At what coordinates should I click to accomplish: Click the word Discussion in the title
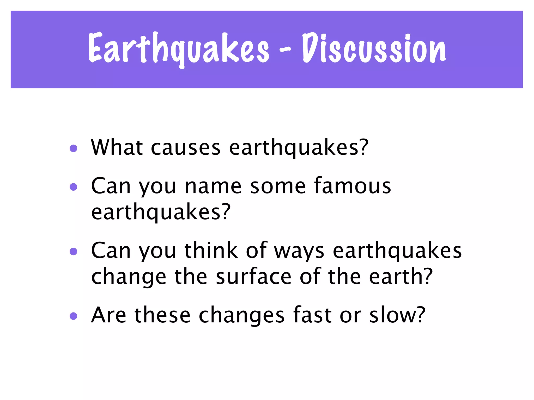coord(374,48)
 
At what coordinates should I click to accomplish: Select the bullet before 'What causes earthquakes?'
coord(74,148)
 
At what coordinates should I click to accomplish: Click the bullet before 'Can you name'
coord(74,187)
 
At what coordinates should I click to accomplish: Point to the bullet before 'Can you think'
coord(74,251)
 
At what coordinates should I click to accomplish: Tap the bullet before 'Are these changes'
coord(74,316)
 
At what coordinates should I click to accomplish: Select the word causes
coord(186,148)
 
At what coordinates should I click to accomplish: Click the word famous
coord(353,186)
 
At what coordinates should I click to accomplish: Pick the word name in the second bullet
coord(213,186)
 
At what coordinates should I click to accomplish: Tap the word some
coord(278,186)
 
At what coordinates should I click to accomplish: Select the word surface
coord(253,277)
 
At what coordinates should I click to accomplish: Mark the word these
coord(162,315)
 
